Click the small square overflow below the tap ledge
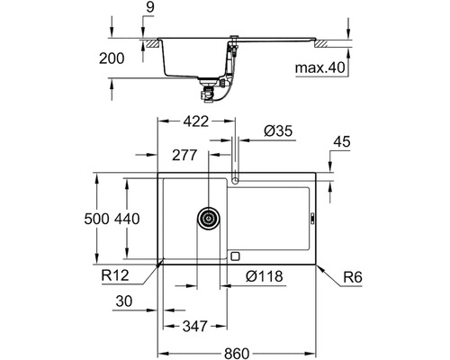235,255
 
